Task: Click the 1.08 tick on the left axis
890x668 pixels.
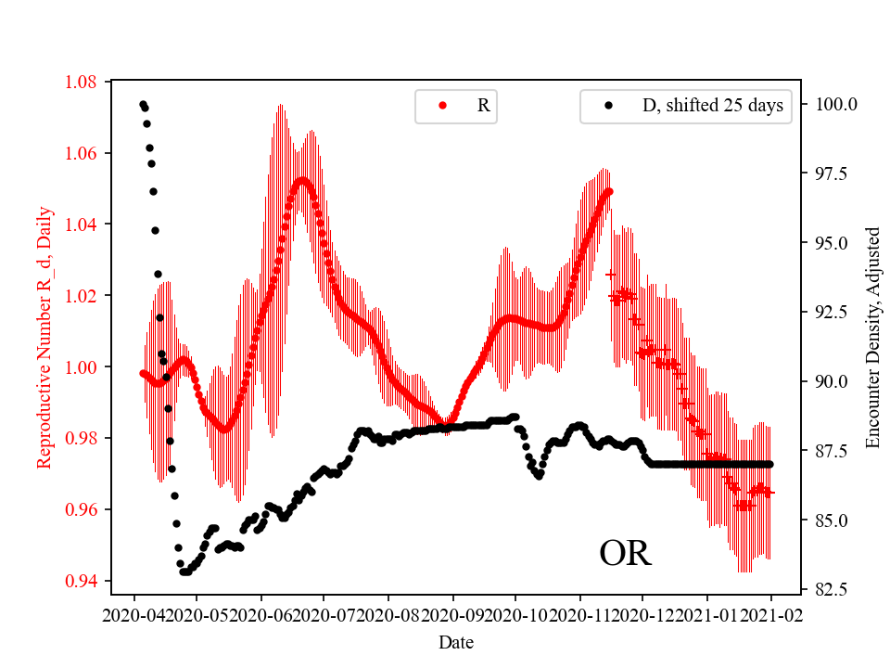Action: click(82, 82)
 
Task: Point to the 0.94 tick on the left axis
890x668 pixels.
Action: click(82, 582)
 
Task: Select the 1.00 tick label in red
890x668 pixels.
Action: click(82, 367)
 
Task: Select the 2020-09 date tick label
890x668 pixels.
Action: click(452, 614)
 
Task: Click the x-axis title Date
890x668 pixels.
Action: click(455, 641)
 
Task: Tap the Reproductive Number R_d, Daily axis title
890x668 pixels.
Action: click(44, 338)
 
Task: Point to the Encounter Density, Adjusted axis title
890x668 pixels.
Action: click(871, 338)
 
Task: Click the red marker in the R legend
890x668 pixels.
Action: click(442, 106)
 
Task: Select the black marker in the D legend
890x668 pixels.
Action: click(608, 106)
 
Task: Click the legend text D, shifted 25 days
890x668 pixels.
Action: click(712, 106)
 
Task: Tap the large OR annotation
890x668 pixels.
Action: click(625, 554)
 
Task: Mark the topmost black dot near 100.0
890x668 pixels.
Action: click(143, 105)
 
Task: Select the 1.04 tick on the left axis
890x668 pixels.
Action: click(82, 225)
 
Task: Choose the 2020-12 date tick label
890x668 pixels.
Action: click(643, 614)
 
